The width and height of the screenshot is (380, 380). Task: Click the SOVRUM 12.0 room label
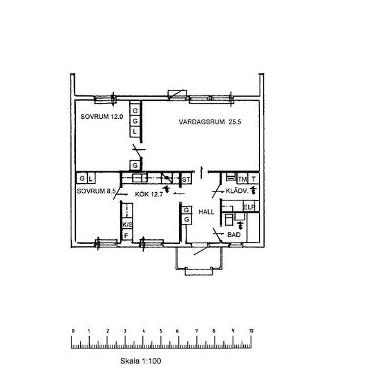click(x=102, y=117)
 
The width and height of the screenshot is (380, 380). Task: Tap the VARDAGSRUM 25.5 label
click(x=210, y=122)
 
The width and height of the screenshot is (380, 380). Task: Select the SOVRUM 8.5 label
click(x=96, y=191)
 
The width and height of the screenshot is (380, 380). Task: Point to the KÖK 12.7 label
click(x=149, y=194)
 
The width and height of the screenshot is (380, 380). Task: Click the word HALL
click(x=207, y=212)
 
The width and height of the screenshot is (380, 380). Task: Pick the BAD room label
click(x=234, y=235)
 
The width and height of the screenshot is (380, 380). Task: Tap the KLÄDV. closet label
click(x=237, y=191)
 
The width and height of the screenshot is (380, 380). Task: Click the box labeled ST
click(x=186, y=179)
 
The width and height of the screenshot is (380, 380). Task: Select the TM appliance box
click(x=243, y=179)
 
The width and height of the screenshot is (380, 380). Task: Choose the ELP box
click(x=249, y=207)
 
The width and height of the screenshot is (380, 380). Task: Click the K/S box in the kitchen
click(x=127, y=224)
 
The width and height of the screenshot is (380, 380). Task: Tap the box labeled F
click(x=126, y=236)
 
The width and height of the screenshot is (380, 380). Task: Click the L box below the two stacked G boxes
click(x=135, y=132)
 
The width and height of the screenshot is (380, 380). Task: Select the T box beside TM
click(x=254, y=179)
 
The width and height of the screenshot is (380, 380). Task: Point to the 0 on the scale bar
click(x=73, y=331)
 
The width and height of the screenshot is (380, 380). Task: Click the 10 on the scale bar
click(x=251, y=331)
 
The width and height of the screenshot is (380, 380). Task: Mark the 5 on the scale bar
click(x=161, y=331)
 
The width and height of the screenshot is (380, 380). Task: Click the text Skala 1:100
click(x=140, y=361)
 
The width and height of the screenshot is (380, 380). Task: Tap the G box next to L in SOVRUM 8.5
click(x=82, y=179)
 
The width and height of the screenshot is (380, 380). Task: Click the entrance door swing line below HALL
click(x=201, y=251)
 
